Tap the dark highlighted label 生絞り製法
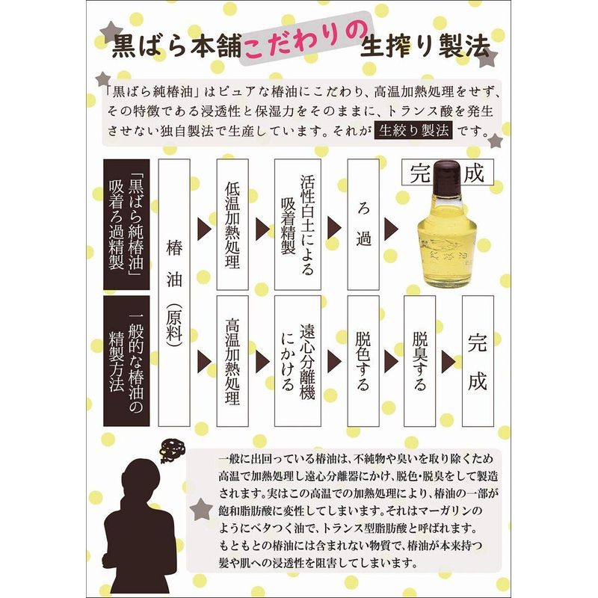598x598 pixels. (x=414, y=131)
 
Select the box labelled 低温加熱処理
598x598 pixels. (x=232, y=224)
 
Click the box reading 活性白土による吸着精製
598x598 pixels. (x=298, y=224)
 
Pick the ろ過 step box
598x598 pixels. (x=363, y=224)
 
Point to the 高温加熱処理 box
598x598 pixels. (x=232, y=361)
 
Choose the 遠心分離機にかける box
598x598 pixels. (x=298, y=361)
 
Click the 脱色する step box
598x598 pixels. (x=363, y=361)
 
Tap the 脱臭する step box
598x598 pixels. (x=420, y=361)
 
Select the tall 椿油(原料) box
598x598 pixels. (x=174, y=292)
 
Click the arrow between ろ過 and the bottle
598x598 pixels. (x=391, y=229)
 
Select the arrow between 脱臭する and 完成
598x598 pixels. (x=449, y=362)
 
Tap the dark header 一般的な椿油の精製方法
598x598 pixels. (x=126, y=361)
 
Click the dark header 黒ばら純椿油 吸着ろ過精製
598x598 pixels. (x=126, y=224)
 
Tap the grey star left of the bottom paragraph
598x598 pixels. (x=201, y=509)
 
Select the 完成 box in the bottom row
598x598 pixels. (x=478, y=361)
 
